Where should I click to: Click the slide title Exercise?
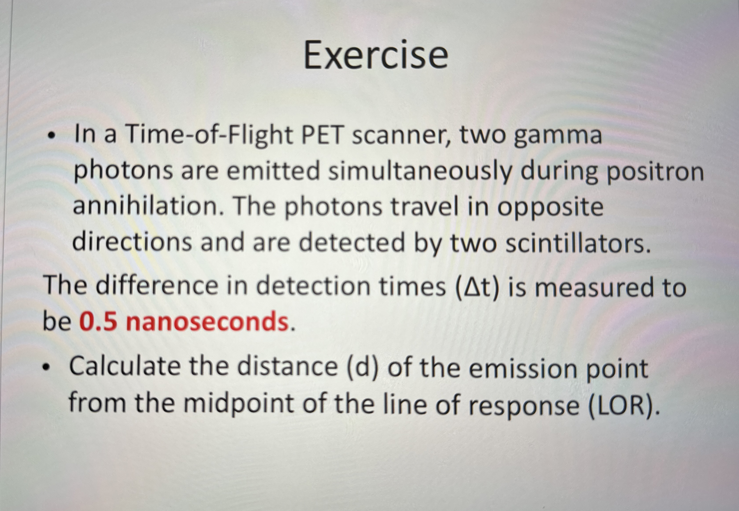coord(376,56)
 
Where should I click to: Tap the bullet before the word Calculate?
coord(47,368)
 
